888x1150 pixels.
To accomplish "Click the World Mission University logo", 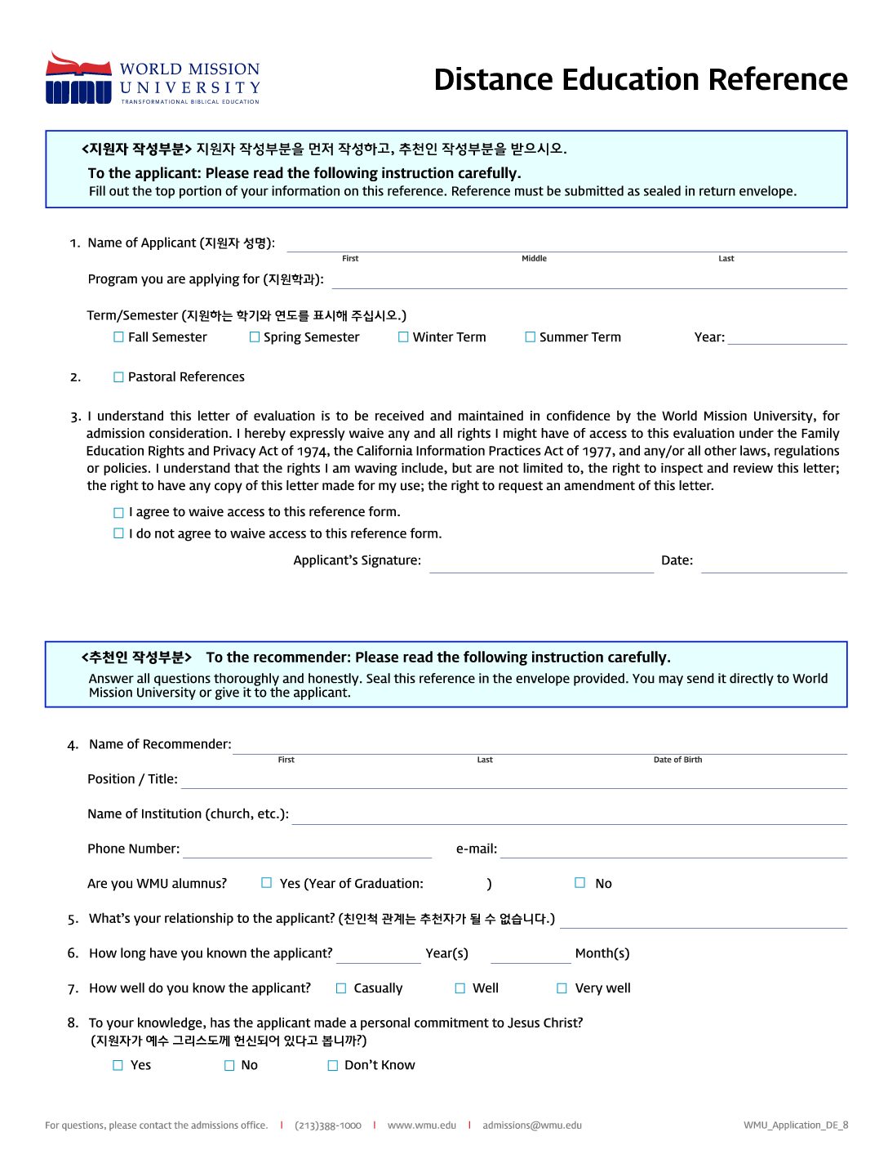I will tap(153, 79).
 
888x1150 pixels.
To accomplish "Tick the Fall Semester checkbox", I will tap(119, 337).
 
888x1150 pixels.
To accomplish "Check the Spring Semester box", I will tap(255, 337).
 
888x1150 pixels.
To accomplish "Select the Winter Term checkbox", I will tap(403, 337).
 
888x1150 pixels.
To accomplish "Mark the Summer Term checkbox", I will tap(531, 337).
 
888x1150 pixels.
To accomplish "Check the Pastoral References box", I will tap(119, 377).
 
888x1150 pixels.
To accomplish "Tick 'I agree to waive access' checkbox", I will tap(119, 513).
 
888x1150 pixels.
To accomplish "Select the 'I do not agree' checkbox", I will tap(119, 534).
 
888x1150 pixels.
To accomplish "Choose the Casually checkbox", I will tap(341, 988).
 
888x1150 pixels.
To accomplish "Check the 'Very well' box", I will tap(562, 988).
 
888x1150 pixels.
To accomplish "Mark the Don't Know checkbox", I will tap(333, 1066).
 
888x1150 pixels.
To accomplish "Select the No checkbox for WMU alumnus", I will tap(580, 883).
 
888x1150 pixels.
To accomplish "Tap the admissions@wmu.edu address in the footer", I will tap(532, 1125).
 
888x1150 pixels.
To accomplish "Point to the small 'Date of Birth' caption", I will tap(677, 760).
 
